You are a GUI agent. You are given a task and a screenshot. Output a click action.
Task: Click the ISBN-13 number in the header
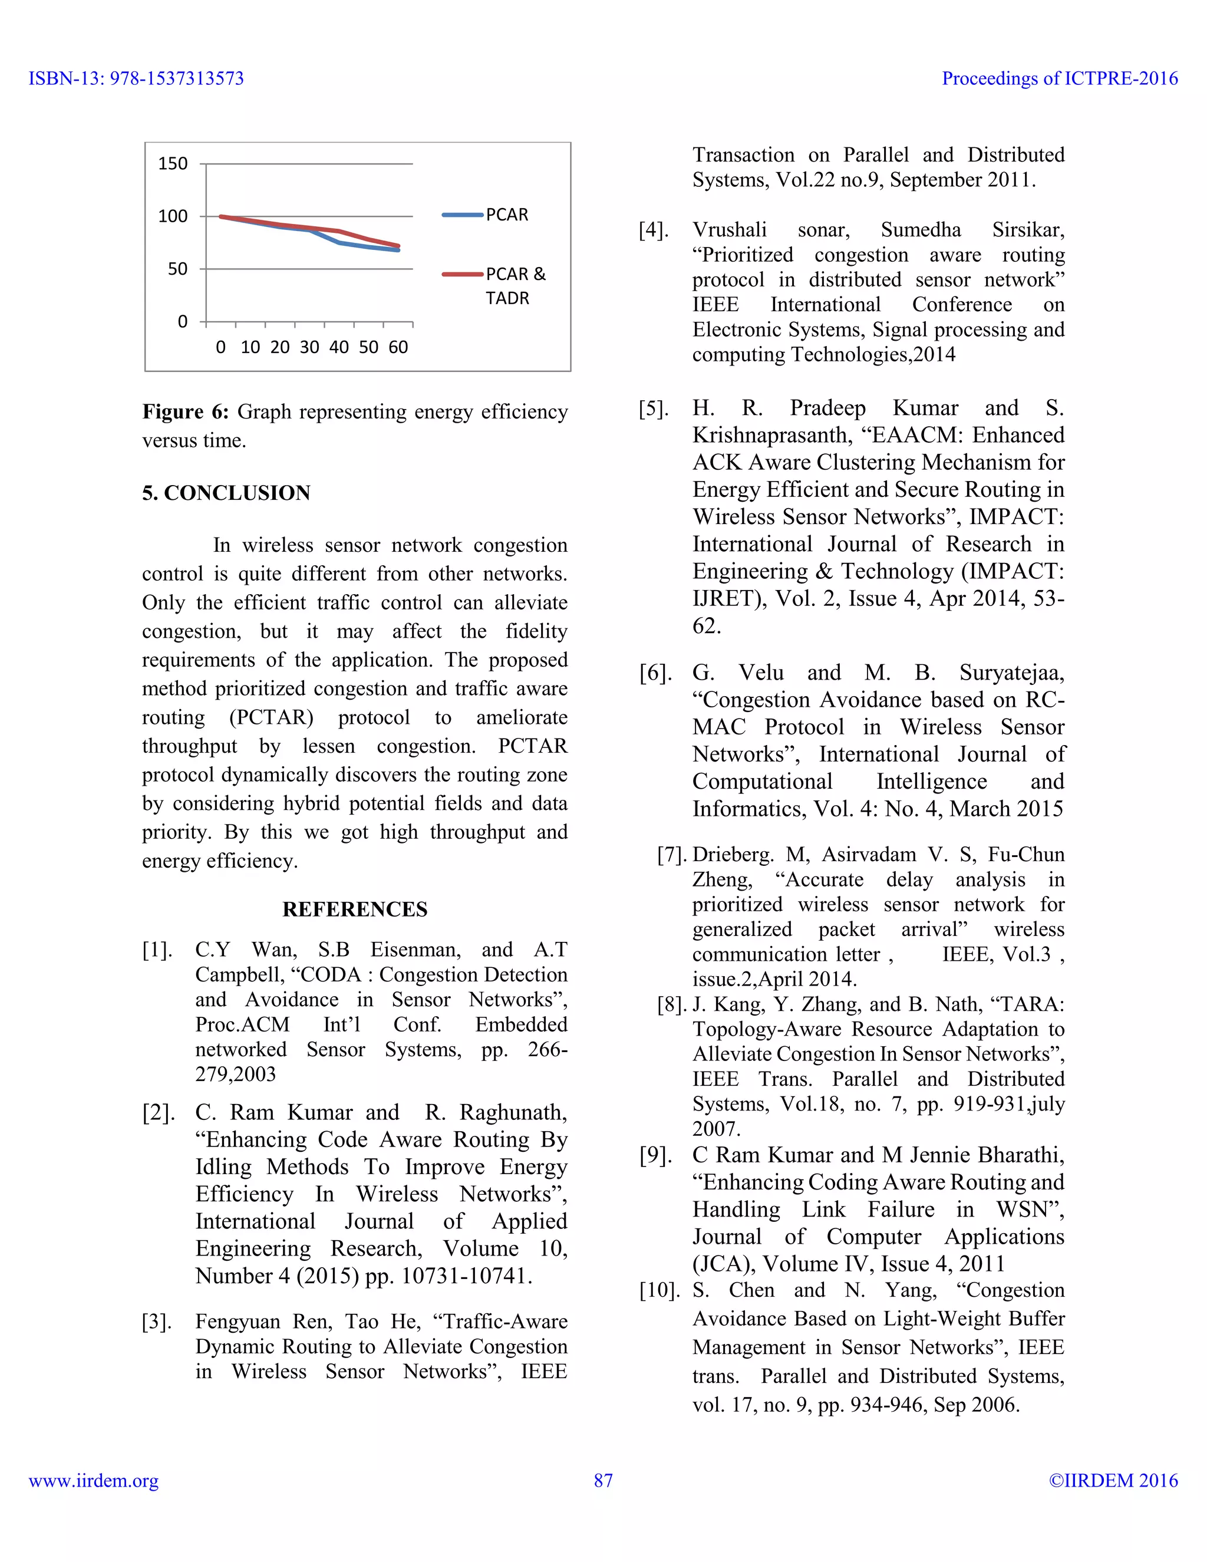[136, 78]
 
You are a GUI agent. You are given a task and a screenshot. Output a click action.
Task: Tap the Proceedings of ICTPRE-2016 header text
[1059, 78]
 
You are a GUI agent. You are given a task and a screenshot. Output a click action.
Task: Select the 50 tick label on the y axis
[177, 269]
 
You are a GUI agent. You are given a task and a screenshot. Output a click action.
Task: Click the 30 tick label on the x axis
[309, 348]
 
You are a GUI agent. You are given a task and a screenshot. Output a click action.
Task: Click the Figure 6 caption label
[185, 412]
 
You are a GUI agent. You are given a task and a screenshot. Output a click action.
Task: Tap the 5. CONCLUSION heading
[226, 493]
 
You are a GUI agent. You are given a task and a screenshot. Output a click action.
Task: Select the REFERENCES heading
[355, 909]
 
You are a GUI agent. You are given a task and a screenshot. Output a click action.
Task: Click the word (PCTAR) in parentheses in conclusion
[271, 717]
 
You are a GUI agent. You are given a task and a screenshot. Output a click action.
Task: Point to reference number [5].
[654, 408]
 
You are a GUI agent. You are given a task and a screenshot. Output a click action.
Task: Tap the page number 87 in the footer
[603, 1481]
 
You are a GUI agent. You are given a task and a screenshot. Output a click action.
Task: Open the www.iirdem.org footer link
[94, 1481]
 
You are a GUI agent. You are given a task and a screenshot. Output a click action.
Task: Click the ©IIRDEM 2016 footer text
[1113, 1481]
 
